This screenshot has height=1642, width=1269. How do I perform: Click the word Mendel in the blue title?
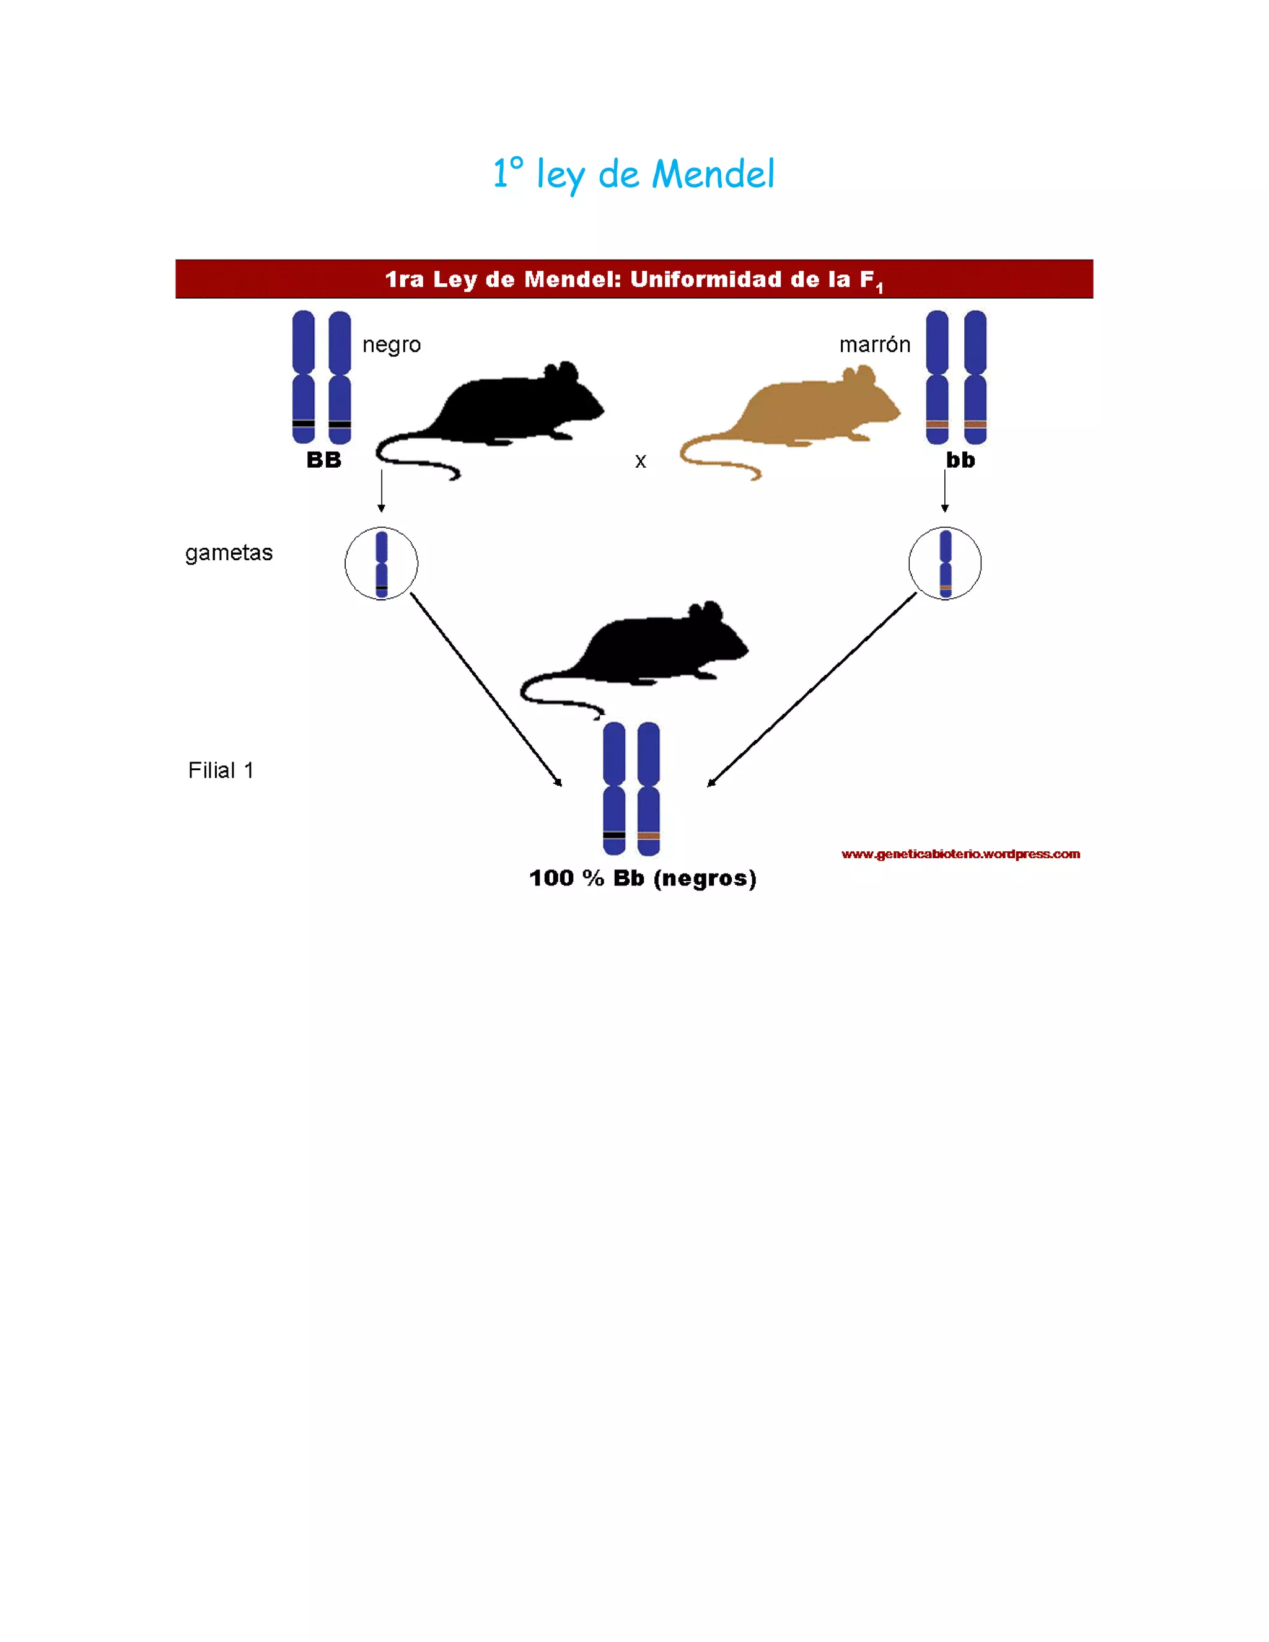(713, 175)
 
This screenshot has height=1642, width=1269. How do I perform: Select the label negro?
(391, 345)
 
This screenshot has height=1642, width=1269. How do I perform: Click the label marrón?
(874, 345)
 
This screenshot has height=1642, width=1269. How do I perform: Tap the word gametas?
(229, 553)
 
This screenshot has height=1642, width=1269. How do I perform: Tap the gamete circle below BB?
(381, 563)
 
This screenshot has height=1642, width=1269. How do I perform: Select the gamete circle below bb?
(945, 563)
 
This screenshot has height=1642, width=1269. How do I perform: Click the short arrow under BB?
(381, 490)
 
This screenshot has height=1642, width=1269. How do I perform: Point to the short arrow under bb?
(945, 490)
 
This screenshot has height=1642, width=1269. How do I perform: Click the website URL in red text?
(960, 853)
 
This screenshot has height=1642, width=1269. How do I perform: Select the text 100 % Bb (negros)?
(643, 877)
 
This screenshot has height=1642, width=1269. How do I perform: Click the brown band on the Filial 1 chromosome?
(648, 835)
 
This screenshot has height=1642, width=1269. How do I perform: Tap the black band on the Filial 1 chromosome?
(614, 835)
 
